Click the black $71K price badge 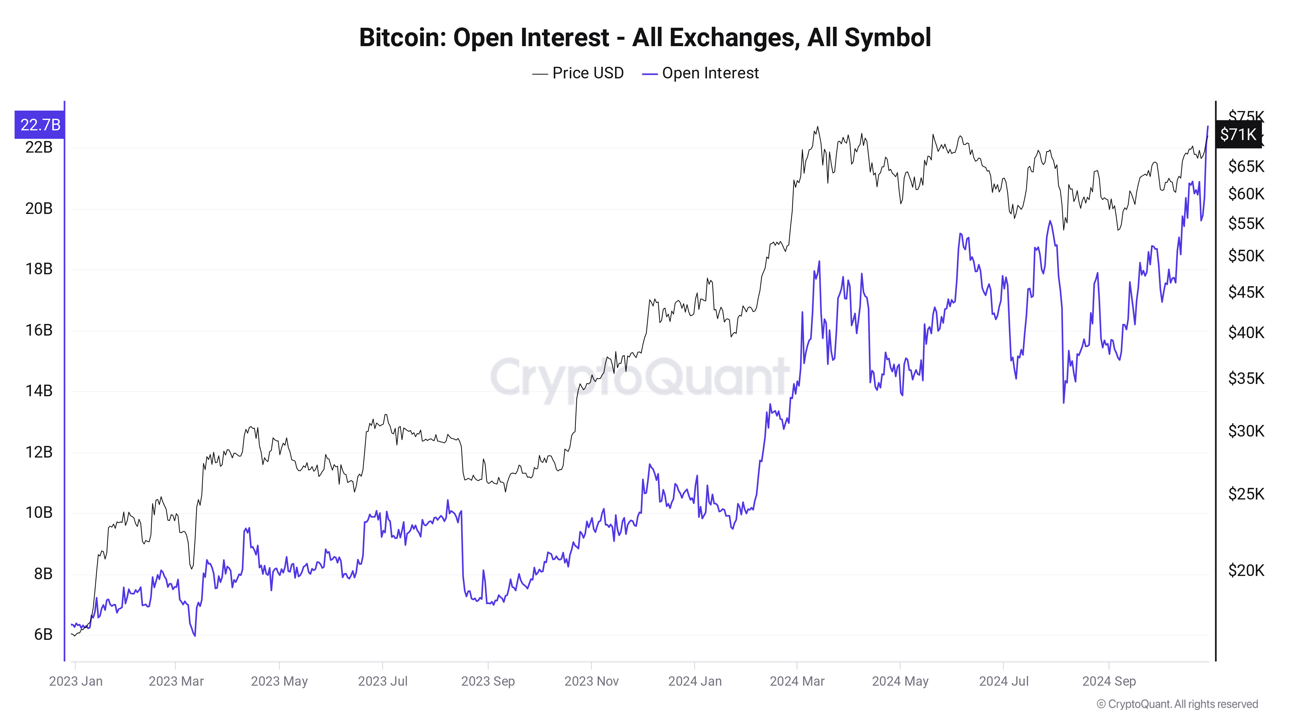1237,134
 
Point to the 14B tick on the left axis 39,391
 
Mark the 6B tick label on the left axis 43,634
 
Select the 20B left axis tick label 39,208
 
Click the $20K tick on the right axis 1246,570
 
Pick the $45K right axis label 1246,292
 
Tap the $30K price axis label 1246,431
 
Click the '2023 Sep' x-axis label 488,681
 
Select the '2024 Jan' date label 695,681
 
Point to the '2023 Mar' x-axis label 176,681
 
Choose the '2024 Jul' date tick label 1004,681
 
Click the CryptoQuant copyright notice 1177,704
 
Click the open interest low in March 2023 194,636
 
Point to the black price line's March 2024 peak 818,127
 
